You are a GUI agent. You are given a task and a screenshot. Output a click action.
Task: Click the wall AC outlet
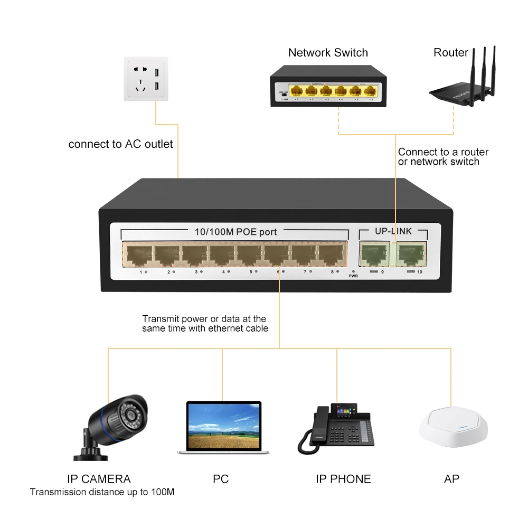pyautogui.click(x=145, y=79)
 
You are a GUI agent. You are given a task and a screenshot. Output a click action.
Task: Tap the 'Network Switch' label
pyautogui.click(x=328, y=53)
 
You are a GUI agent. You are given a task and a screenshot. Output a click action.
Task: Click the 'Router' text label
pyautogui.click(x=450, y=53)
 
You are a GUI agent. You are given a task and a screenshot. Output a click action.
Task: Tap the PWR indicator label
pyautogui.click(x=353, y=275)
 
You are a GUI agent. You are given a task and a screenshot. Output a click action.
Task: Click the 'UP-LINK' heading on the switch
pyautogui.click(x=393, y=231)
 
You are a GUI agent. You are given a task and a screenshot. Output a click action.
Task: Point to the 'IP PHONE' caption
pyautogui.click(x=343, y=479)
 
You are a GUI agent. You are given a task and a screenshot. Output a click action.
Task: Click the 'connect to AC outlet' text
pyautogui.click(x=120, y=144)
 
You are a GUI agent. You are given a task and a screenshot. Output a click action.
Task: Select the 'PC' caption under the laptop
pyautogui.click(x=221, y=479)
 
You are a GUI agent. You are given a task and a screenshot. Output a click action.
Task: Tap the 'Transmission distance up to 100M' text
pyautogui.click(x=102, y=492)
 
